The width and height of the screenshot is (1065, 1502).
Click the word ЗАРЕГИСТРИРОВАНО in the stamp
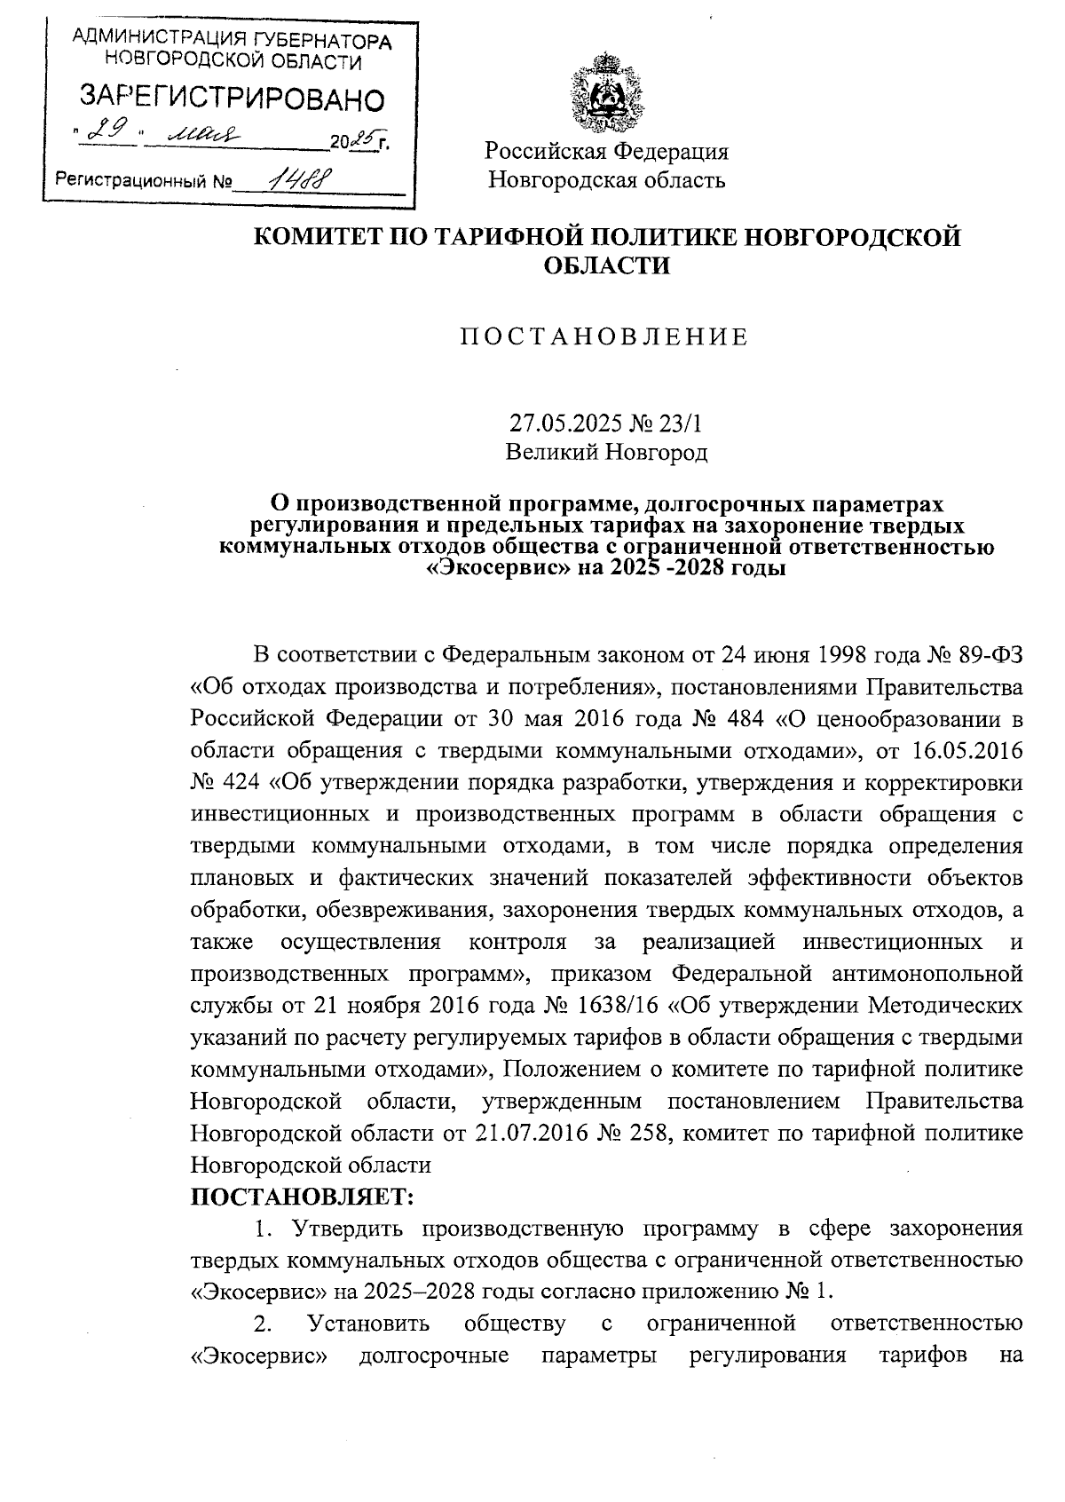[x=233, y=99]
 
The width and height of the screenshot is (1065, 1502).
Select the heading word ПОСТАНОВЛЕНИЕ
[x=604, y=338]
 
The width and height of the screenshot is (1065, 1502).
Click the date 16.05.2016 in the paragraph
[x=967, y=749]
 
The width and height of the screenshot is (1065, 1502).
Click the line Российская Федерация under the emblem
[x=606, y=152]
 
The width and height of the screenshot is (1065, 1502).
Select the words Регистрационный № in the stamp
[x=143, y=181]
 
